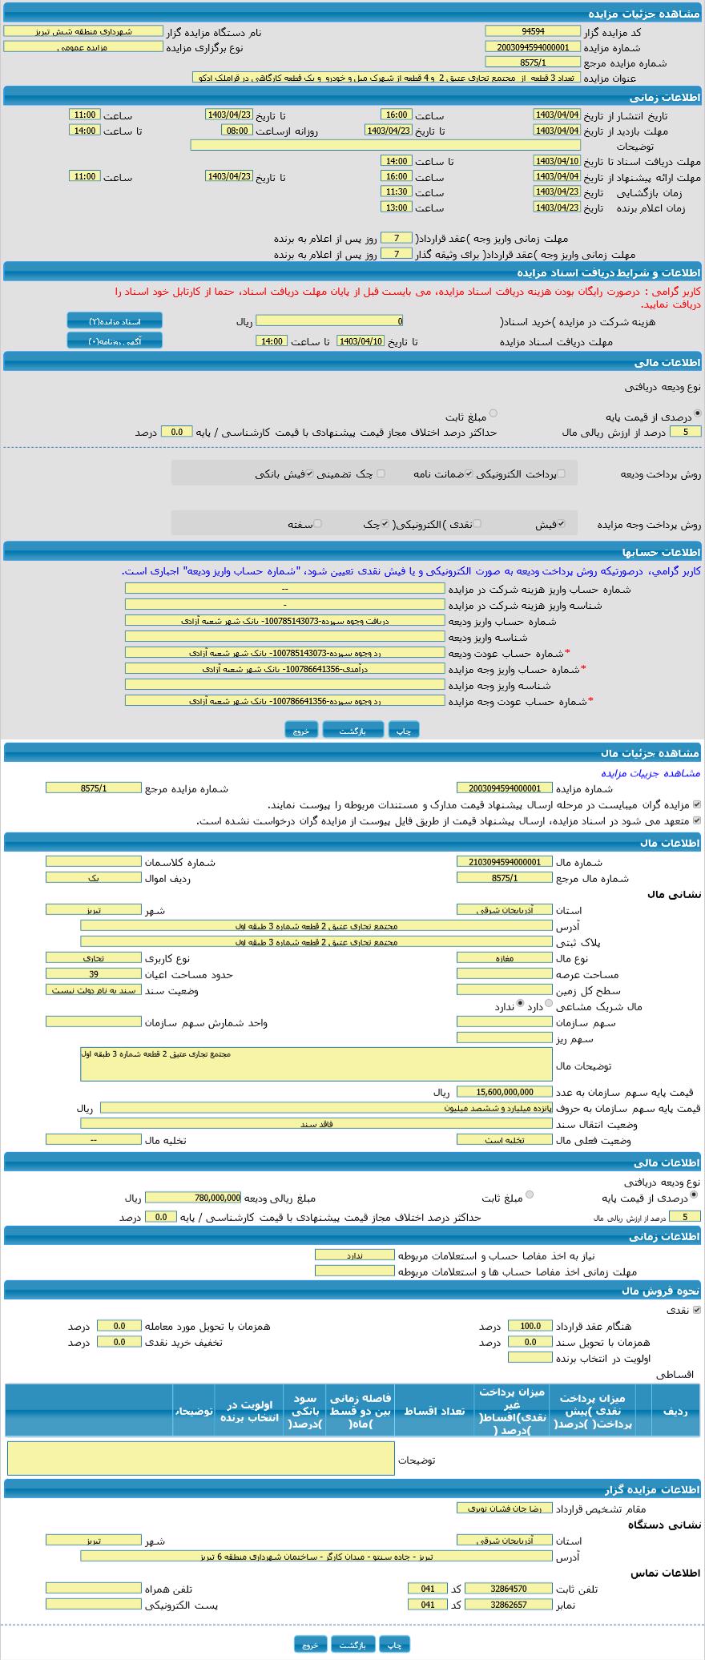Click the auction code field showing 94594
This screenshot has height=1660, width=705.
(532, 31)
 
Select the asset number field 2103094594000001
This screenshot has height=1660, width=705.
(504, 861)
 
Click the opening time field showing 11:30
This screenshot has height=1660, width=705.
(397, 191)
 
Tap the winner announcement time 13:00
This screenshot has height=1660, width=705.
(397, 207)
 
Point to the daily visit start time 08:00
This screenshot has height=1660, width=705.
(236, 131)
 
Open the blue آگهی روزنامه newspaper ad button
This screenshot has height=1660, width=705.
(115, 340)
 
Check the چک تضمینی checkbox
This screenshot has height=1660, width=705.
(381, 473)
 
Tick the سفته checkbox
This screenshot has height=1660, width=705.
(317, 523)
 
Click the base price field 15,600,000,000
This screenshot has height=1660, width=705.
(504, 1092)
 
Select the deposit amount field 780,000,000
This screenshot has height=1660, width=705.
(193, 1198)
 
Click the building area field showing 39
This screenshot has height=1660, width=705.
(94, 974)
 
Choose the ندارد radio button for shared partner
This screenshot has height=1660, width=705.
(521, 1003)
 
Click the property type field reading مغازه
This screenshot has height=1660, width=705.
(504, 957)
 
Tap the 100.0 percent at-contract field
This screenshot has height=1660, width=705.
(530, 1326)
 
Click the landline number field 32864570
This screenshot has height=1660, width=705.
(498, 1589)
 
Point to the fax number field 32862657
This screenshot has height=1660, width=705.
(498, 1605)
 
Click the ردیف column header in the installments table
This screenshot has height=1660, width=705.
(675, 1410)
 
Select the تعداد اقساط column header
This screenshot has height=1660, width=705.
(433, 1410)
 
